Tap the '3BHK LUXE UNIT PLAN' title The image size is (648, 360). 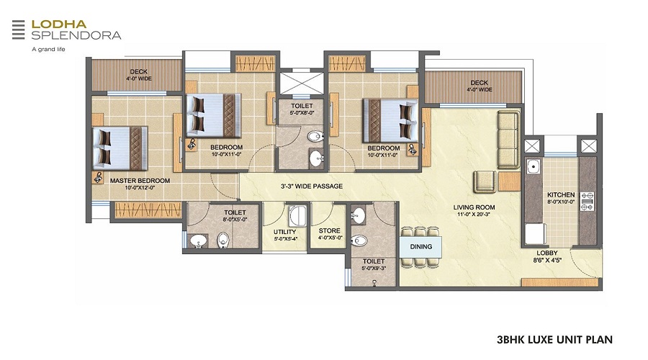point(555,338)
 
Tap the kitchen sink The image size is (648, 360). point(534,168)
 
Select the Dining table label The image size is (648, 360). point(421,247)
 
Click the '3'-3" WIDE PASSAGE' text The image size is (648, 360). point(311,186)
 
